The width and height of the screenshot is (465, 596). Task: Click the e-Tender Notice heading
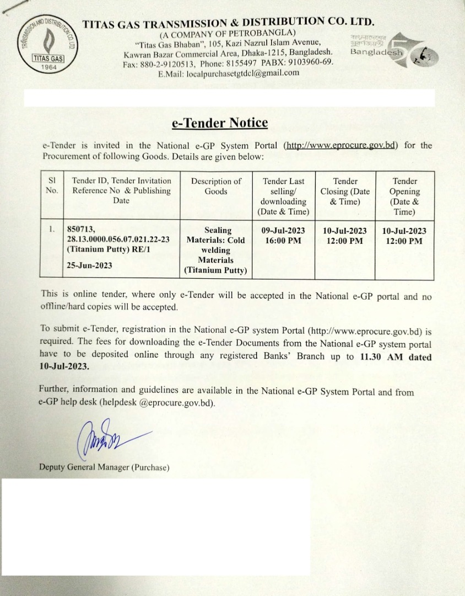pyautogui.click(x=220, y=123)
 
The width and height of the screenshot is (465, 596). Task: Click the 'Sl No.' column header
pyautogui.click(x=52, y=186)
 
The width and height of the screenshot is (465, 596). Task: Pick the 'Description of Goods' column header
pyautogui.click(x=216, y=186)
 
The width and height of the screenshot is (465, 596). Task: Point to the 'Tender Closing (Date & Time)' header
pyautogui.click(x=345, y=191)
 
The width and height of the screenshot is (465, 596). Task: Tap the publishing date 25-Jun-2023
pyautogui.click(x=89, y=265)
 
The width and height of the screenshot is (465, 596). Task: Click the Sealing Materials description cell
pyautogui.click(x=216, y=250)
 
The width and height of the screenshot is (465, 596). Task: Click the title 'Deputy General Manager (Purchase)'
pyautogui.click(x=104, y=467)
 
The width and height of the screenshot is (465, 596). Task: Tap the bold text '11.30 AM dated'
pyautogui.click(x=396, y=357)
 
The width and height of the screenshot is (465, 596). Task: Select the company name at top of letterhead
pyautogui.click(x=229, y=23)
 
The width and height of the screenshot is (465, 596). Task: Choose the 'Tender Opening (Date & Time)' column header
pyautogui.click(x=404, y=196)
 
